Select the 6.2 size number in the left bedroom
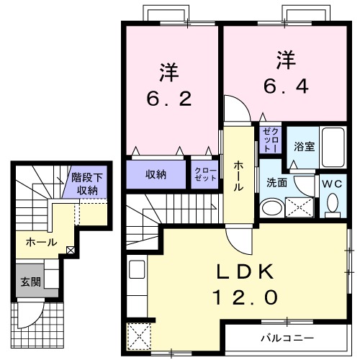[170, 99]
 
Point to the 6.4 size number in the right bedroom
[286, 86]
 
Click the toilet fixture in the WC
[332, 206]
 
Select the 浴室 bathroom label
[304, 146]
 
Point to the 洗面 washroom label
[276, 183]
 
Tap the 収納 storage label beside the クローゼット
[157, 174]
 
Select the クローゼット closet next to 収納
[205, 174]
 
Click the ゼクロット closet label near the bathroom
[270, 138]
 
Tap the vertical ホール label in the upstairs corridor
[238, 175]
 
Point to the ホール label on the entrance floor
[41, 243]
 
